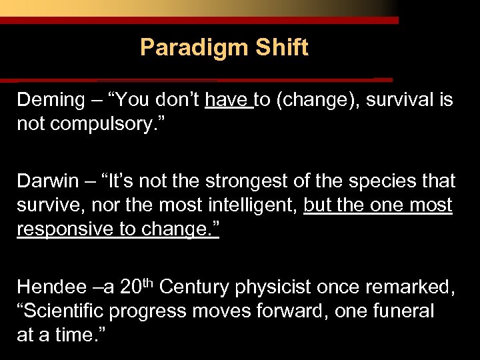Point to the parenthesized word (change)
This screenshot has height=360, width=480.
tap(319, 101)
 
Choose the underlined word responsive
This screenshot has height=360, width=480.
tap(65, 229)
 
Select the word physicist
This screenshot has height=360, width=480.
tap(269, 287)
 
